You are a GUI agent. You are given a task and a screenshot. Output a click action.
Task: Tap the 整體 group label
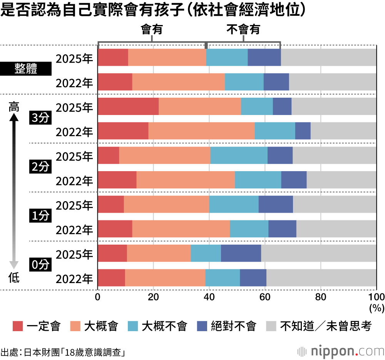click(x=26, y=70)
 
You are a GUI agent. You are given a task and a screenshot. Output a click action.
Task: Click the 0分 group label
click(x=40, y=265)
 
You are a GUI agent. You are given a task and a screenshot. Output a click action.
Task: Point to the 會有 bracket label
click(x=152, y=30)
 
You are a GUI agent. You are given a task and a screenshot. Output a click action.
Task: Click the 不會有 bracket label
click(x=243, y=30)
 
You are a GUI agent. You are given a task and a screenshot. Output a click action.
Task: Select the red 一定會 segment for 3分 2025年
click(x=128, y=106)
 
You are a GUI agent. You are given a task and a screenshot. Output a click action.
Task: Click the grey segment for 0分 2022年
click(x=321, y=278)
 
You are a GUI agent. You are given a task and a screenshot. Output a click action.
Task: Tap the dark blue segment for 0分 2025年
click(x=241, y=253)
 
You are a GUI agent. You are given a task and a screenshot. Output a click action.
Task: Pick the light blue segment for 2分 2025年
click(x=239, y=155)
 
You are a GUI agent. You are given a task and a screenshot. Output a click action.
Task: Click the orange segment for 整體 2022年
click(x=178, y=82)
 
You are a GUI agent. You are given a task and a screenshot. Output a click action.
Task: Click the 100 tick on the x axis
click(x=376, y=297)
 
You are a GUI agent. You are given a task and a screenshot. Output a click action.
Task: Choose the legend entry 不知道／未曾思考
click(x=319, y=327)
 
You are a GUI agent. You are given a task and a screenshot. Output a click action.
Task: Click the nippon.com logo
click(x=341, y=351)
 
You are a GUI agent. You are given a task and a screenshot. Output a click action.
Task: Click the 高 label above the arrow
click(x=14, y=107)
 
